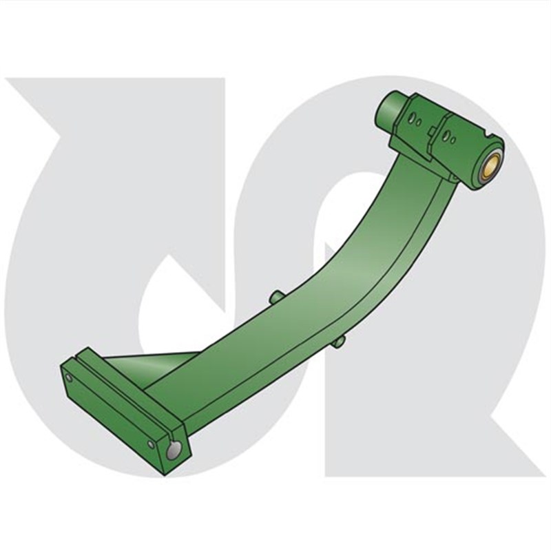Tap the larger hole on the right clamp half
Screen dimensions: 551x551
coord(446,136)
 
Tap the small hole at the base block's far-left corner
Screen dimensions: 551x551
coord(68,377)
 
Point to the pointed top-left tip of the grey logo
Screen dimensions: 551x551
coord(10,81)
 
